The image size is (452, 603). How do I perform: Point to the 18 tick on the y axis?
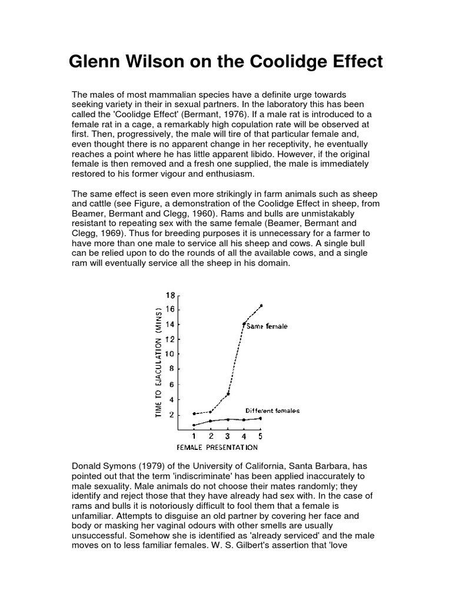point(171,295)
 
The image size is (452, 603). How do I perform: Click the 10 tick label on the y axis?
point(170,354)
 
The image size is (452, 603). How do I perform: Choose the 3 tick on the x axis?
point(228,436)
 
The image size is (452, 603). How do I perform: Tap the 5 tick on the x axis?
point(261,436)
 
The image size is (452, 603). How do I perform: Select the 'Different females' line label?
point(272,410)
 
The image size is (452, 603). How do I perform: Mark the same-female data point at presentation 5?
point(261,306)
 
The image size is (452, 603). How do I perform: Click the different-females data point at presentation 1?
point(194,425)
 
